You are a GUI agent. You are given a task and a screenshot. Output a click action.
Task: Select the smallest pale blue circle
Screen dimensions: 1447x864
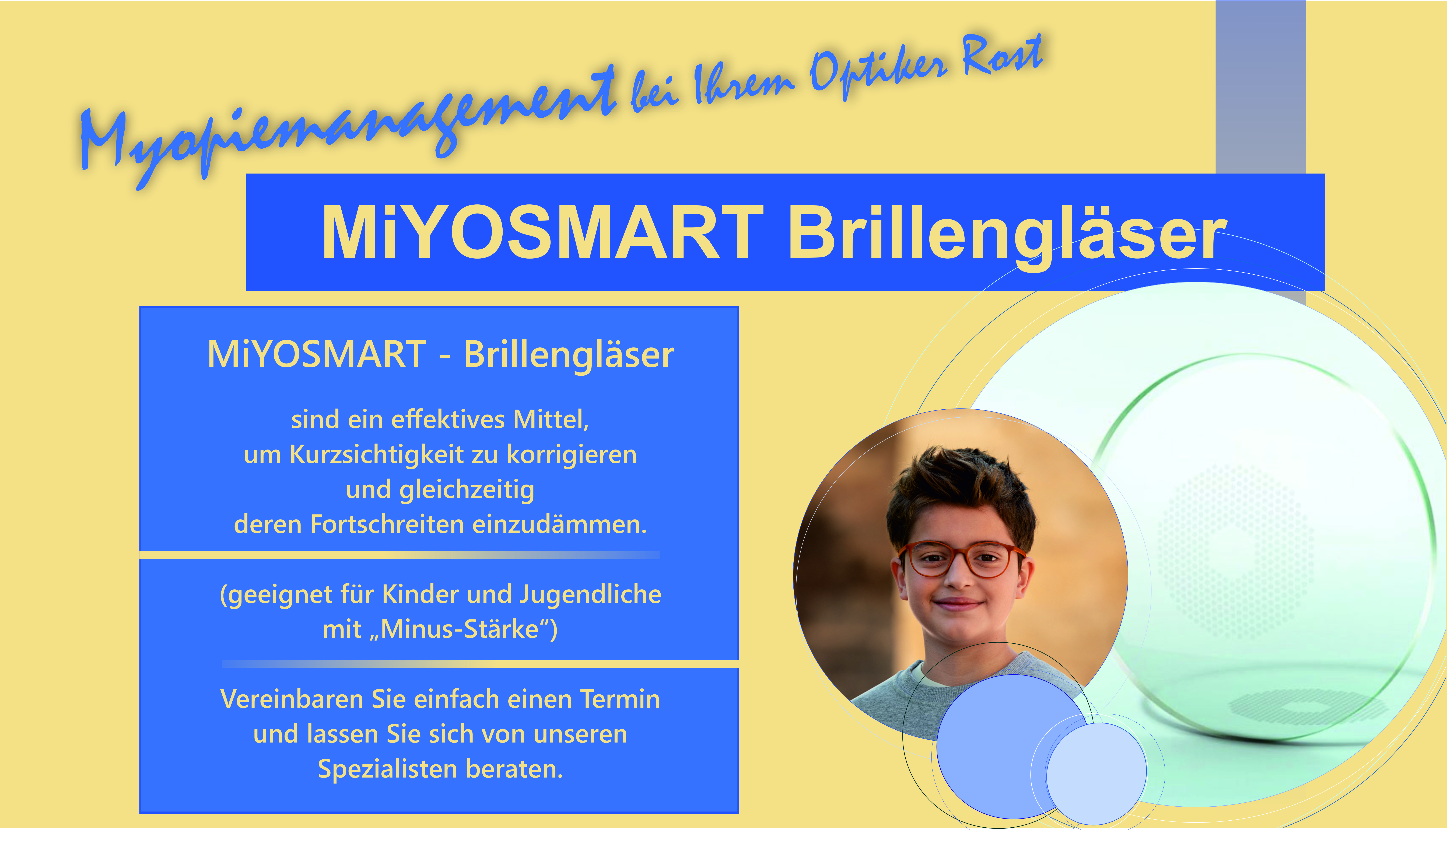[x=1097, y=774]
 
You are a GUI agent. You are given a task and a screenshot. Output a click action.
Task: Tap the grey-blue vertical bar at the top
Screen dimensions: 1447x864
[x=1261, y=87]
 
